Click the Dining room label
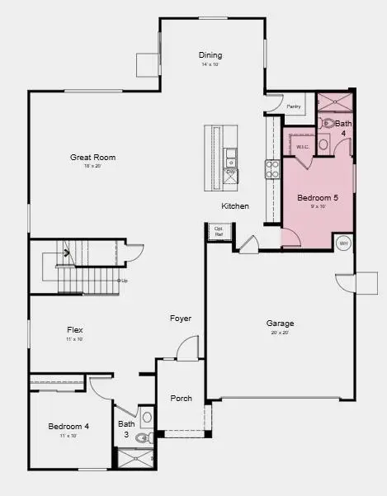[x=210, y=55]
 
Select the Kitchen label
[x=235, y=206]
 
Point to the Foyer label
[x=181, y=319]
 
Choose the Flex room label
[x=74, y=329]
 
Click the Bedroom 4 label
[x=68, y=426]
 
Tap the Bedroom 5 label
[x=318, y=197]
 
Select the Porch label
[x=181, y=399]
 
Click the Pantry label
[x=293, y=106]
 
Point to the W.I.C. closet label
[x=301, y=146]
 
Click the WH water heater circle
[x=343, y=243]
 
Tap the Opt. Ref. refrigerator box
[x=219, y=231]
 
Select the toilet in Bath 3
[x=142, y=438]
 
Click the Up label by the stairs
[x=124, y=281]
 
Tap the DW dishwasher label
[x=230, y=172]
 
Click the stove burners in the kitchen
[x=272, y=169]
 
